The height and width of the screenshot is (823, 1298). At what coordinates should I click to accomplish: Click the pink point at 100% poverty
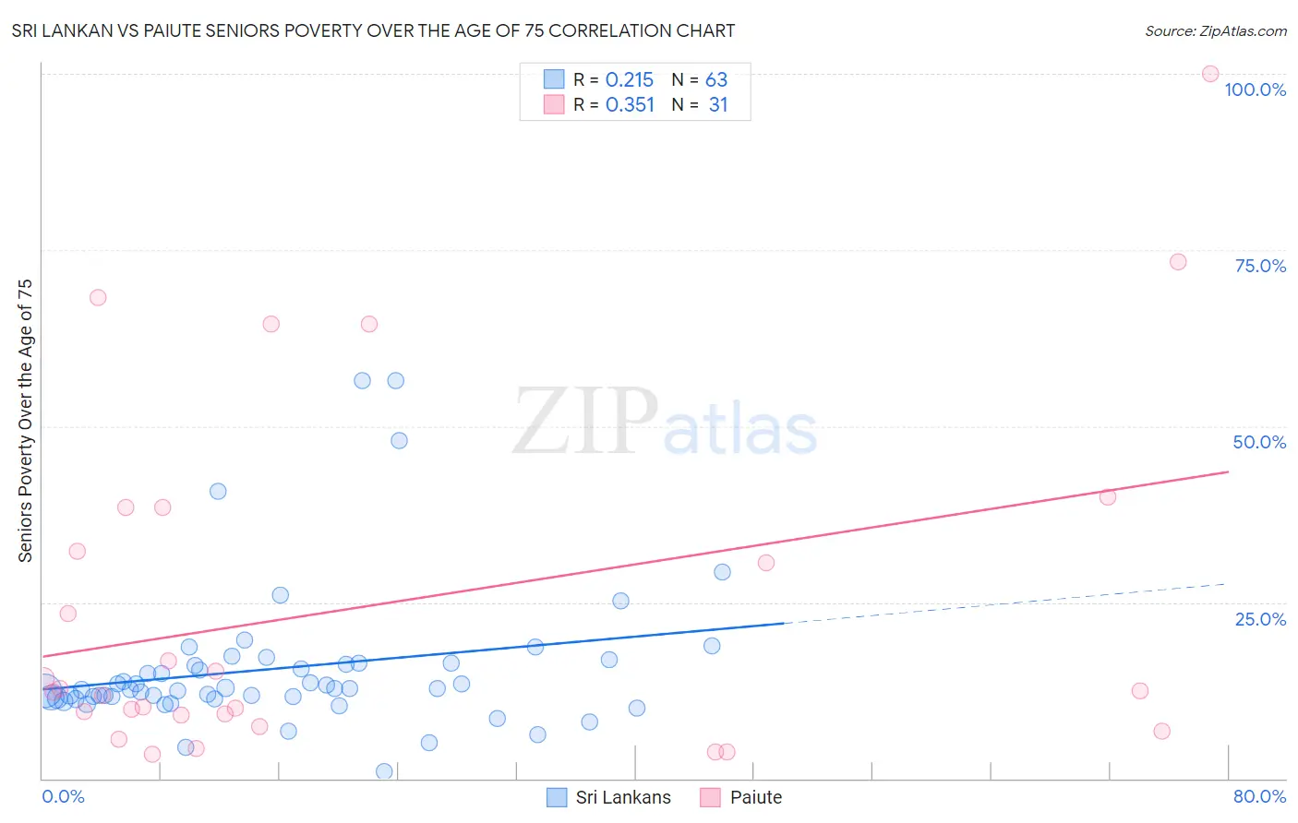coord(1210,74)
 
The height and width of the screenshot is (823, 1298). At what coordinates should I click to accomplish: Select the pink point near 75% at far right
coord(1178,262)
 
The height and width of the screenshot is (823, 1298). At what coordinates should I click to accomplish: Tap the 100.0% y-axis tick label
coord(1255,89)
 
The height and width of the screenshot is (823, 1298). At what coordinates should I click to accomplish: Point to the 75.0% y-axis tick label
coord(1260,266)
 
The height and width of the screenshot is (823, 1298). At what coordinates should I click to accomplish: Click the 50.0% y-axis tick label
coord(1259,442)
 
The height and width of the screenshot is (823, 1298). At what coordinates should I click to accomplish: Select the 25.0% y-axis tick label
coord(1260,619)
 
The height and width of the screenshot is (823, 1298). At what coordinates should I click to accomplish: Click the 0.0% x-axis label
coord(63,796)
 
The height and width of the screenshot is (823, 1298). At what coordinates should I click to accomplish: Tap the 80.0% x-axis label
coord(1259,796)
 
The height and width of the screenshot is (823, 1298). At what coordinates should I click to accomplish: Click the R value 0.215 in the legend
coord(630,80)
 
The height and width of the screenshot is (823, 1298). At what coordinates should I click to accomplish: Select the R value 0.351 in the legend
coord(630,105)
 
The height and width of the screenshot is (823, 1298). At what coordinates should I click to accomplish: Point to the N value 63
coord(716,80)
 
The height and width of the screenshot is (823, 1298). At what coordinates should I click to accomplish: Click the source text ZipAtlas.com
coord(1215,31)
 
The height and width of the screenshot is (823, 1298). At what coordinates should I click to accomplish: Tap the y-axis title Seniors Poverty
coord(25,421)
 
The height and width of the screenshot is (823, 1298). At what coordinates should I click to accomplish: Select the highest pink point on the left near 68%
coord(98,298)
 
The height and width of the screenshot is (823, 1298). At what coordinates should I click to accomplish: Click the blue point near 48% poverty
coord(399,441)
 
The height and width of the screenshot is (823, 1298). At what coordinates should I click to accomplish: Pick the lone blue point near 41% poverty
coord(218,492)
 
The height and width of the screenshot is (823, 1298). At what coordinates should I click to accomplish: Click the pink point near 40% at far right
coord(1108,497)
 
